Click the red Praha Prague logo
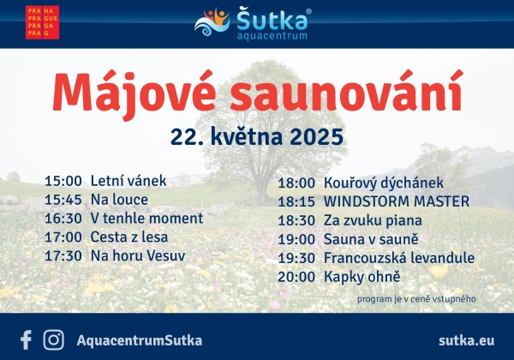coord(42,22)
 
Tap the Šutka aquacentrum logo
coord(253,23)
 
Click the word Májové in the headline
coord(134,93)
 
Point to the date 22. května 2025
coord(257,136)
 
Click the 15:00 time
coord(63,181)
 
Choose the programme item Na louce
coord(119,200)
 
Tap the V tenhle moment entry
coord(146,219)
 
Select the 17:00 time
coord(63,237)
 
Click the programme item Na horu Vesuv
coord(138,255)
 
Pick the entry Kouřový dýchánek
coord(384,183)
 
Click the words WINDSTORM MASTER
coord(397,201)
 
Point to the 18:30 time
coord(296,220)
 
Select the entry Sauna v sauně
coord(371,239)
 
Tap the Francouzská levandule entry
coord(399,258)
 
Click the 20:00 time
coord(296,277)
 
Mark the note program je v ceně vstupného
coord(416,299)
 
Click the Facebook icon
coord(26,340)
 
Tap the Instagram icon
coord(54,340)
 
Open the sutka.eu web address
coord(467,340)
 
